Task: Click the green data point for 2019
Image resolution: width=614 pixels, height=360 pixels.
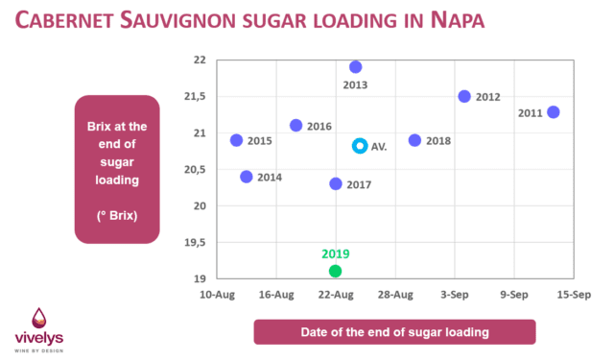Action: [x=336, y=271]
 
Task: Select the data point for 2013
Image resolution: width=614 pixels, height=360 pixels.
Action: [x=355, y=67]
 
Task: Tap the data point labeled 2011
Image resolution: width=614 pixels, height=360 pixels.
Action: [x=553, y=112]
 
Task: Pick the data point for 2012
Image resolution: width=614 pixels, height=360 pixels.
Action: [x=464, y=97]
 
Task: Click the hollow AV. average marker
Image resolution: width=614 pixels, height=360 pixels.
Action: [x=360, y=145]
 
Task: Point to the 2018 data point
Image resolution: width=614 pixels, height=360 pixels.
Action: [x=414, y=140]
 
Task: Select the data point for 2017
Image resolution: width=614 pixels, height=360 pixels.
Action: [x=336, y=183]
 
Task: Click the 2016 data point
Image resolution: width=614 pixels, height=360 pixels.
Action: [x=296, y=126]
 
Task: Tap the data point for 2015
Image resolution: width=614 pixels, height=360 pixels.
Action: [x=237, y=140]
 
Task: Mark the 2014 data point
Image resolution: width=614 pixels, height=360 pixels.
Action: [x=247, y=177]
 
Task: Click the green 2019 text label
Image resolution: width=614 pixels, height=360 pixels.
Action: [x=336, y=254]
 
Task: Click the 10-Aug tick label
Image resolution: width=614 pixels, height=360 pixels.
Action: [x=218, y=296]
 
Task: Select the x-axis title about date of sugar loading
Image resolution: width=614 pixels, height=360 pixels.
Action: [x=394, y=332]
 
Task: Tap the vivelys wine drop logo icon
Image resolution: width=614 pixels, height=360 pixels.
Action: [x=39, y=319]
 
